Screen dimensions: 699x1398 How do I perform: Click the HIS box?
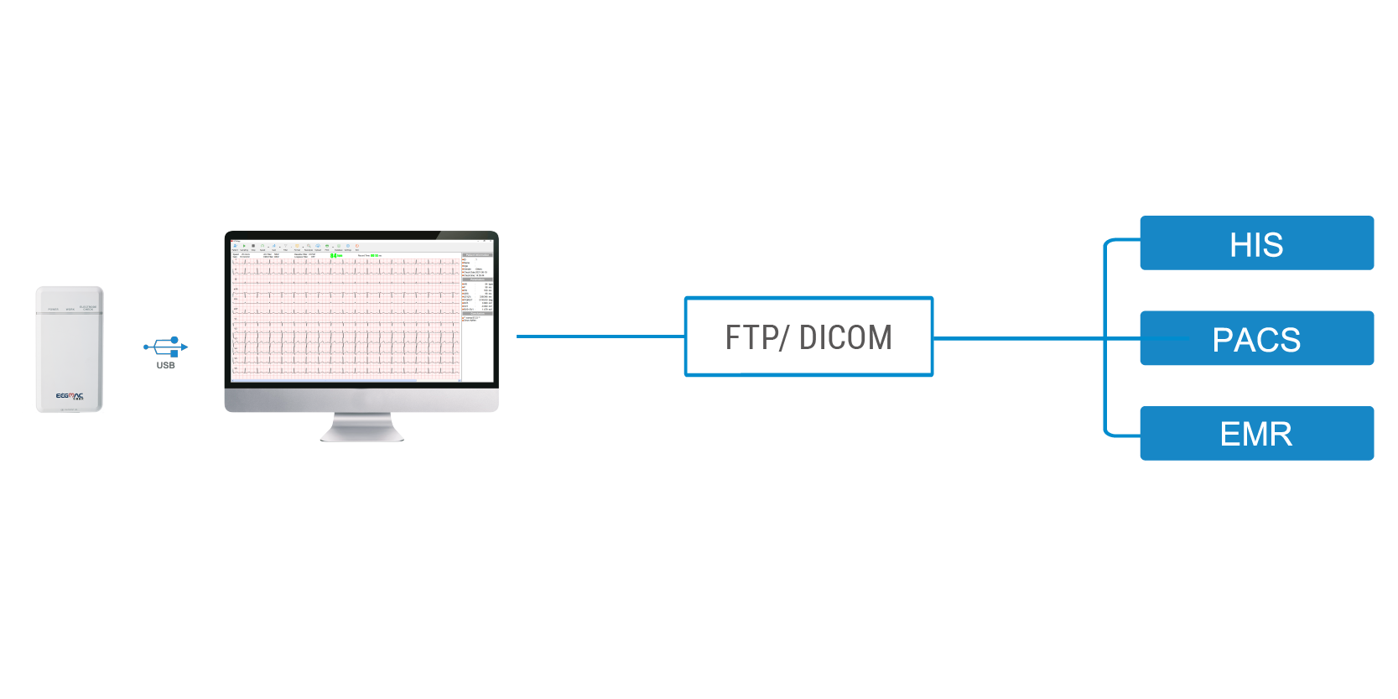(x=1255, y=243)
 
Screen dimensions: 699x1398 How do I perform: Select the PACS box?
(x=1255, y=339)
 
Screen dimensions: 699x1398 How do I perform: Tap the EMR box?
(x=1255, y=433)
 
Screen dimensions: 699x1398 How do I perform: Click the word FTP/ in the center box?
(x=756, y=337)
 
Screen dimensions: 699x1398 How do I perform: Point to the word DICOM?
(x=845, y=337)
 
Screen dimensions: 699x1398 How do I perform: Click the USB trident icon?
(x=166, y=346)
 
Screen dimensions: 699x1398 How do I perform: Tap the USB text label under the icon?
(x=166, y=365)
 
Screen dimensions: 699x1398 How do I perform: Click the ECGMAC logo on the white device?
(x=70, y=395)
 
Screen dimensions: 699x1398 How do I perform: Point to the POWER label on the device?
(x=53, y=309)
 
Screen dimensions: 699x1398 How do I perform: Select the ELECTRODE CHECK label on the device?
(x=87, y=308)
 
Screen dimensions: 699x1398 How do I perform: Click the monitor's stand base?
(x=361, y=435)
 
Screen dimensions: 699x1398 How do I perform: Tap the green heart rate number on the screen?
(x=335, y=255)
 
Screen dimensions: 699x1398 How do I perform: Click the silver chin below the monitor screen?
(x=361, y=398)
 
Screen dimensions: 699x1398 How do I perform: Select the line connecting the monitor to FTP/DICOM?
(x=600, y=336)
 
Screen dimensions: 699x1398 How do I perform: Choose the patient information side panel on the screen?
(x=477, y=285)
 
